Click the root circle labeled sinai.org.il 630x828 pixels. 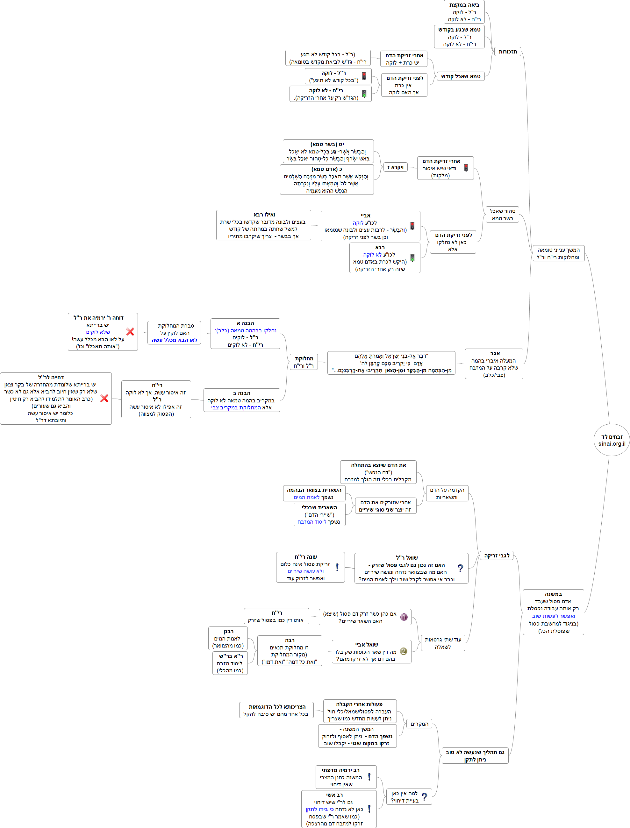click(612, 440)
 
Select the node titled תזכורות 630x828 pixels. click(508, 52)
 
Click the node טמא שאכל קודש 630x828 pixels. click(461, 76)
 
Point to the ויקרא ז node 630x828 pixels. click(395, 167)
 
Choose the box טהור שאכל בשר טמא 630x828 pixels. click(502, 215)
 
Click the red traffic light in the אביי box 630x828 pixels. click(412, 226)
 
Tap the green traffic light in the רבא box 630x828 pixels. click(412, 258)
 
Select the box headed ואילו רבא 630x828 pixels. click(264, 225)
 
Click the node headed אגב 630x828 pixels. click(494, 364)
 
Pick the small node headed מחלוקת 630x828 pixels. click(304, 362)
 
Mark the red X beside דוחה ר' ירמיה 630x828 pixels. click(130, 332)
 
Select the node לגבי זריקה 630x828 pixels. click(497, 556)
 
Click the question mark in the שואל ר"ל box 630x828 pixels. click(461, 568)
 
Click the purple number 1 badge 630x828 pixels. click(404, 617)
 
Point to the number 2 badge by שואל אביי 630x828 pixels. click(404, 651)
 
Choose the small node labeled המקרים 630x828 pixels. click(419, 724)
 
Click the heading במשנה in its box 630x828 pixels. click(553, 594)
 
